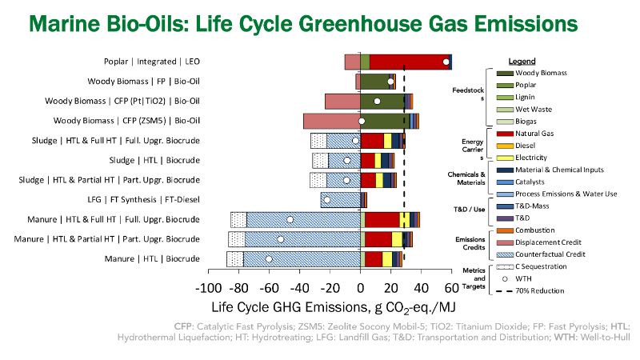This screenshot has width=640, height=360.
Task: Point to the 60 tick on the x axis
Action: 452,290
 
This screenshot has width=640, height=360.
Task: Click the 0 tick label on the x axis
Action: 361,290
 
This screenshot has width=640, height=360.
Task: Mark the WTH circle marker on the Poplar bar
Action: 446,62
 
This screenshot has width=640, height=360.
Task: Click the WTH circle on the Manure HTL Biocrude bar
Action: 269,258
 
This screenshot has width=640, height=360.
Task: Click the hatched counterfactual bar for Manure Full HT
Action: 304,219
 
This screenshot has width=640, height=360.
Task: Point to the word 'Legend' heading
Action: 522,61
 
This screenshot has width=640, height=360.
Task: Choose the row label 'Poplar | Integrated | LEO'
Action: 151,62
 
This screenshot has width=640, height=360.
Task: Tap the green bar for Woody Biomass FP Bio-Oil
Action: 374,81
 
